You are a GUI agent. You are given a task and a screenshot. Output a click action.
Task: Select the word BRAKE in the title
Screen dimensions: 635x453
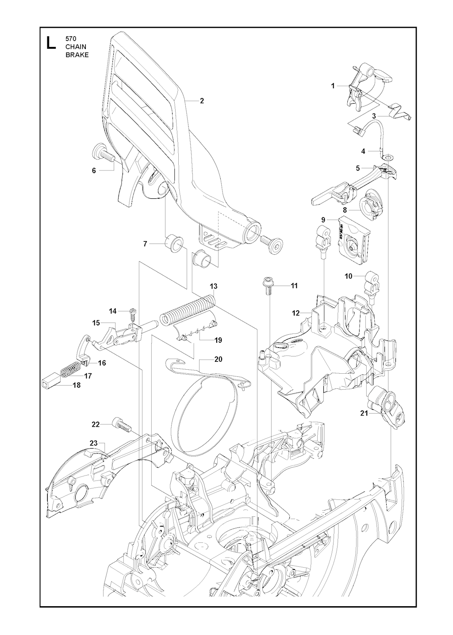point(77,55)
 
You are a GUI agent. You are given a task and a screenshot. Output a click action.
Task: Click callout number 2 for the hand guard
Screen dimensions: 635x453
point(202,101)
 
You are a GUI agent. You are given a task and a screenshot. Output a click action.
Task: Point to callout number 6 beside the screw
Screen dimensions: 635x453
point(94,170)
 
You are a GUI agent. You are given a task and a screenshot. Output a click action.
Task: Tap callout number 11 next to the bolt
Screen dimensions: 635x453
point(294,286)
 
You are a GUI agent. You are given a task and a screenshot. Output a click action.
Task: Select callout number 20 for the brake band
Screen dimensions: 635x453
point(218,359)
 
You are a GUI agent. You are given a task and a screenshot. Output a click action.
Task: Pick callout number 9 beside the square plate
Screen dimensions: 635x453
point(323,220)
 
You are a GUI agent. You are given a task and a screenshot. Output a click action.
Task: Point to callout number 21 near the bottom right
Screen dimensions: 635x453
point(364,413)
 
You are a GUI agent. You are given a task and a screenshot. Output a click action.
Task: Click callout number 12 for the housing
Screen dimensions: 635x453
point(296,313)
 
